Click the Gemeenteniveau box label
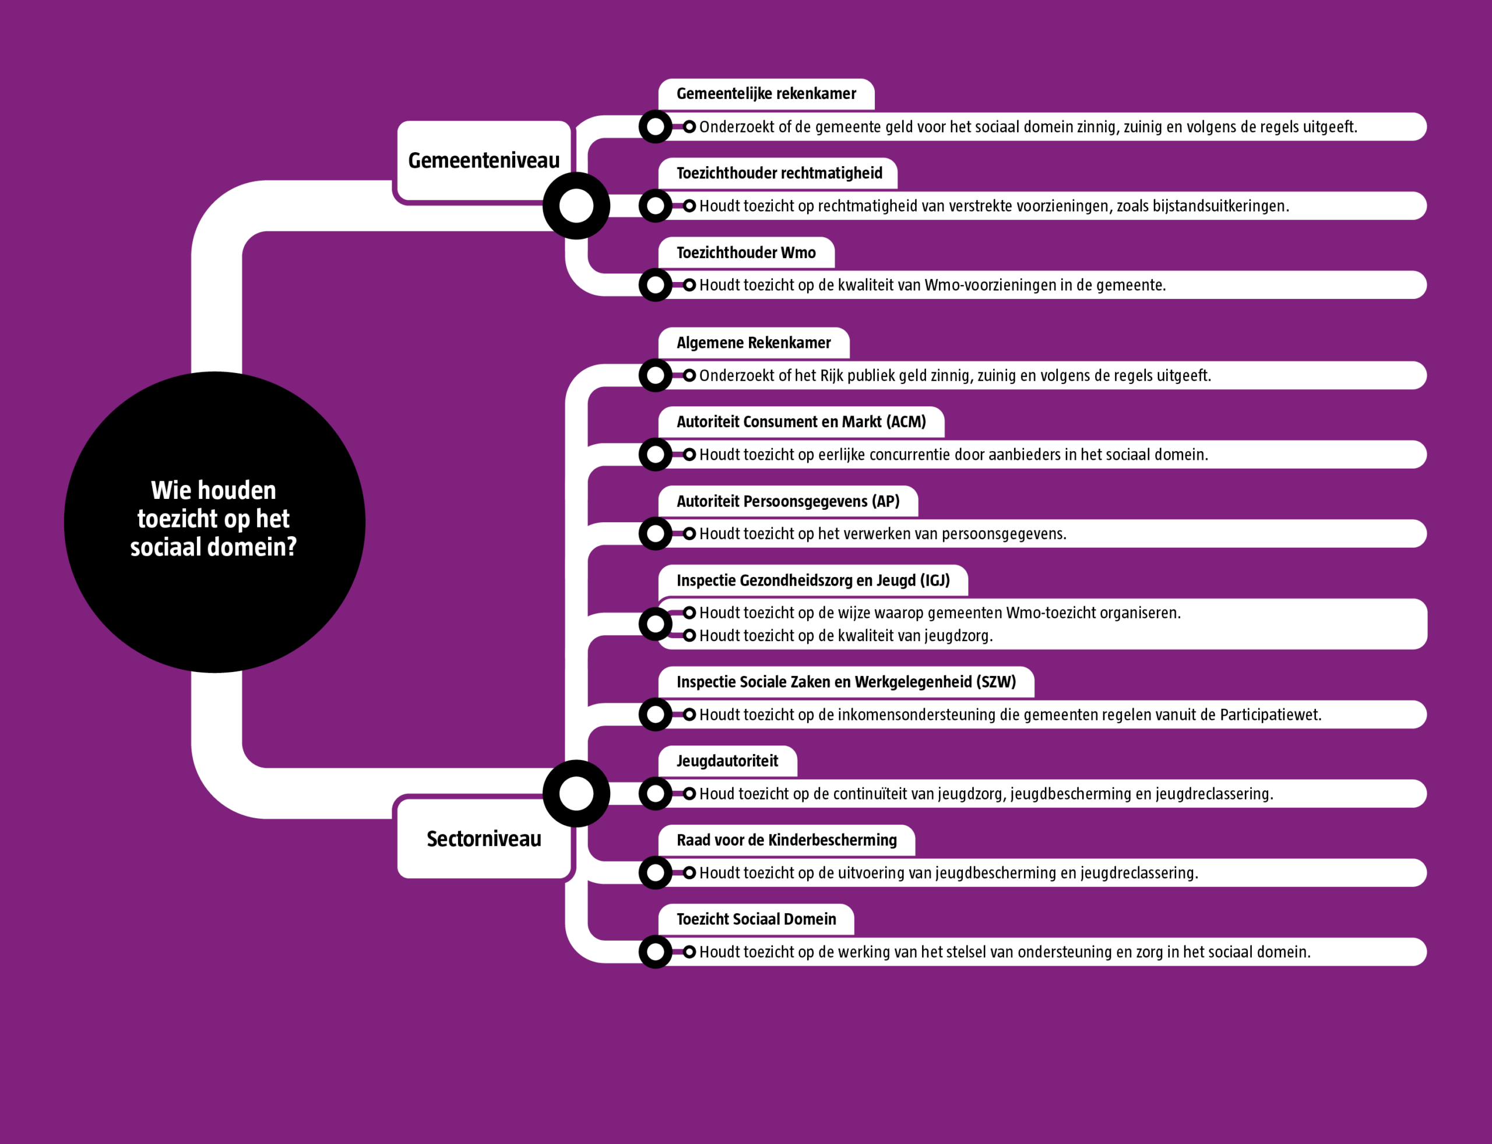(x=484, y=161)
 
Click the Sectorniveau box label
(x=484, y=839)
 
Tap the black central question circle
(x=214, y=522)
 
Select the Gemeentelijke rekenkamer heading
(x=766, y=94)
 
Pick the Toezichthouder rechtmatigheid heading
(x=779, y=174)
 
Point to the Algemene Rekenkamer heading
(x=753, y=343)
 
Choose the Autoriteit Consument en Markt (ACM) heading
(x=801, y=422)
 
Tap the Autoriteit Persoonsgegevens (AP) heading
(x=788, y=502)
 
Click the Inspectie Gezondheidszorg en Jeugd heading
(x=812, y=581)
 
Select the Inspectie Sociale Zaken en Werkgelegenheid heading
(x=846, y=682)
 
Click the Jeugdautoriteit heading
(x=727, y=761)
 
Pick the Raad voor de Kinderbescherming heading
(x=787, y=840)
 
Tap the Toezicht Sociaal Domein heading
(x=756, y=919)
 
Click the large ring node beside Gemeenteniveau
(x=576, y=206)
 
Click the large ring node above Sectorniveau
(x=576, y=793)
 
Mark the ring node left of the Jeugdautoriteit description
(x=655, y=793)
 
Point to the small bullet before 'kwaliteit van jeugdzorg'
(x=689, y=635)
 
